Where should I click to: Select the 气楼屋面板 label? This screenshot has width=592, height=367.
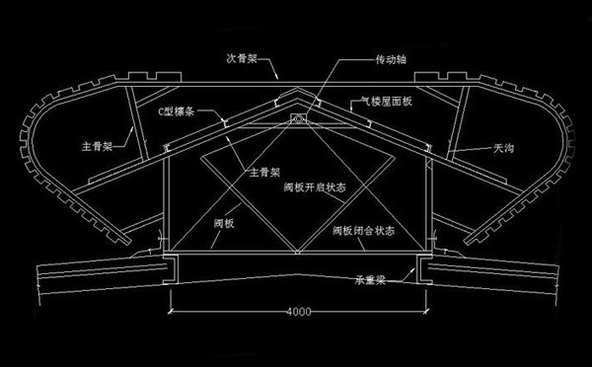[379, 101]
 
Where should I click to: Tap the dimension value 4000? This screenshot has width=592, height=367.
[298, 312]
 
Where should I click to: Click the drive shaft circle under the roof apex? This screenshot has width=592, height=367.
[296, 120]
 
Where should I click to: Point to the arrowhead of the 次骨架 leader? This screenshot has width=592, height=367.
[282, 77]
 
